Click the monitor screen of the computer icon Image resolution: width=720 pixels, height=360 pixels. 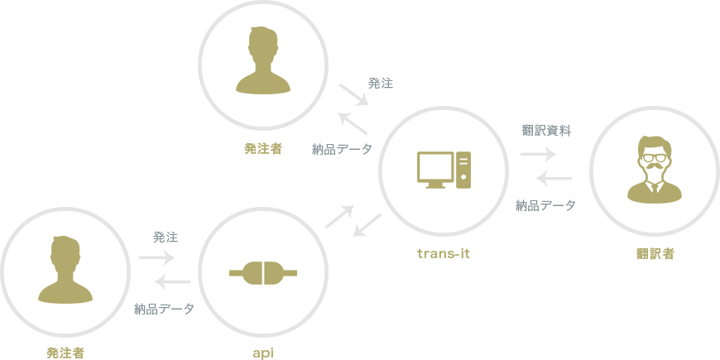tap(436, 167)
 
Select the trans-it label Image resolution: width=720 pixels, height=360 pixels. tap(443, 253)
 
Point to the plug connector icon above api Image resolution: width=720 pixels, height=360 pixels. tap(262, 272)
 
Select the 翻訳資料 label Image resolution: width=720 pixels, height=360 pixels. tap(546, 131)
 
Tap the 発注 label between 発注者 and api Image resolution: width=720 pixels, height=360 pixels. tap(165, 237)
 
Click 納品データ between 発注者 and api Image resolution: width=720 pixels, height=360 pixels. tap(165, 310)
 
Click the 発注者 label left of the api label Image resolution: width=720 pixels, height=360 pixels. tap(65, 353)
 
